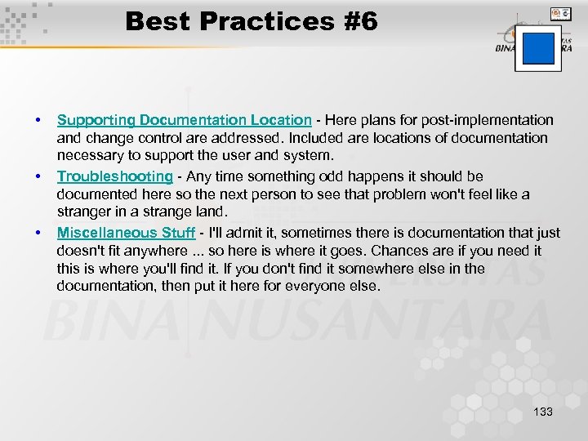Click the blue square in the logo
538,48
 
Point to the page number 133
542,412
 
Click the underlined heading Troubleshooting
114,176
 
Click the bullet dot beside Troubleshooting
38,176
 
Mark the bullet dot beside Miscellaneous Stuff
38,233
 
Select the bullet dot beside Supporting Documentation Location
38,120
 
